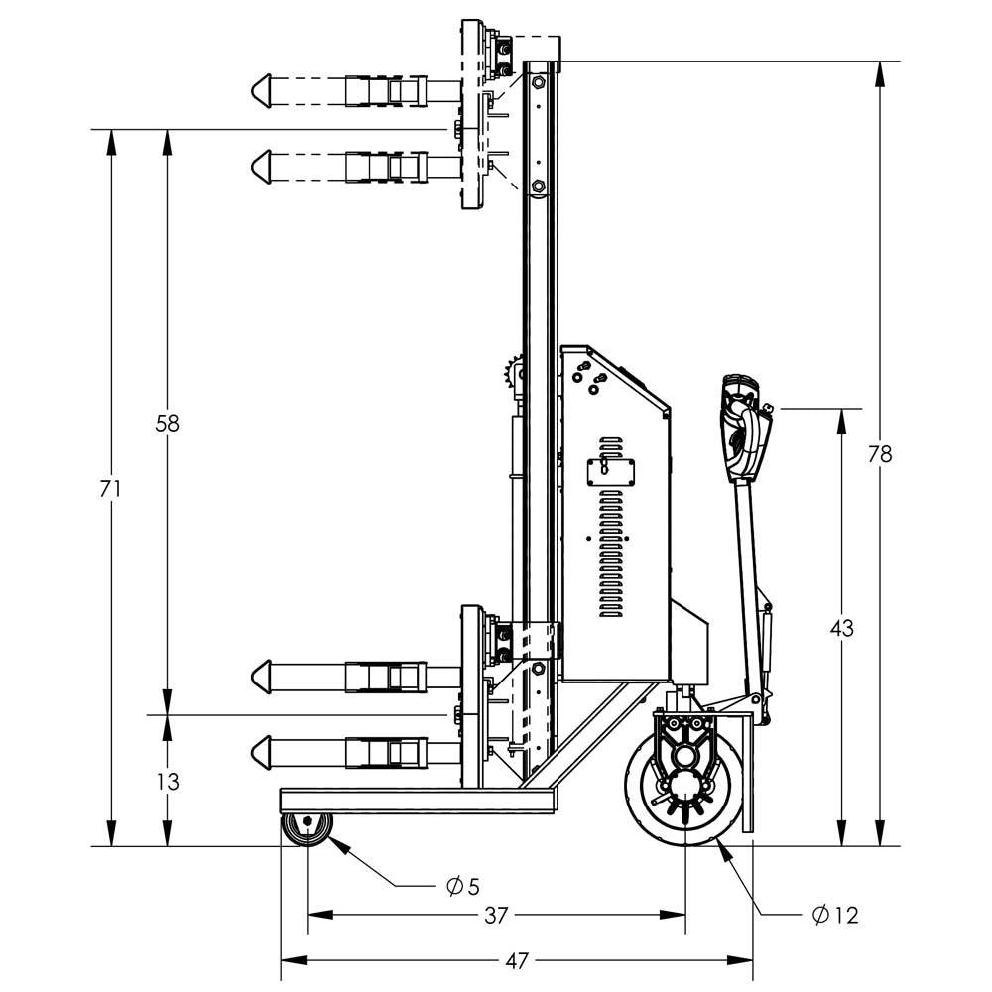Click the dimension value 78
coord(880,454)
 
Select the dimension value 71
coord(111,488)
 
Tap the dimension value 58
coord(167,423)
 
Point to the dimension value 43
coord(841,628)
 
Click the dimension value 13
coord(167,782)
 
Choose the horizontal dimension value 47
coord(517,960)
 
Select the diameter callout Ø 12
coord(834,916)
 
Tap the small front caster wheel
coord(307,826)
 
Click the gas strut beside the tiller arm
coord(767,645)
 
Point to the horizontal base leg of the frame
coord(417,802)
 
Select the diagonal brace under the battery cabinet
coord(595,734)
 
